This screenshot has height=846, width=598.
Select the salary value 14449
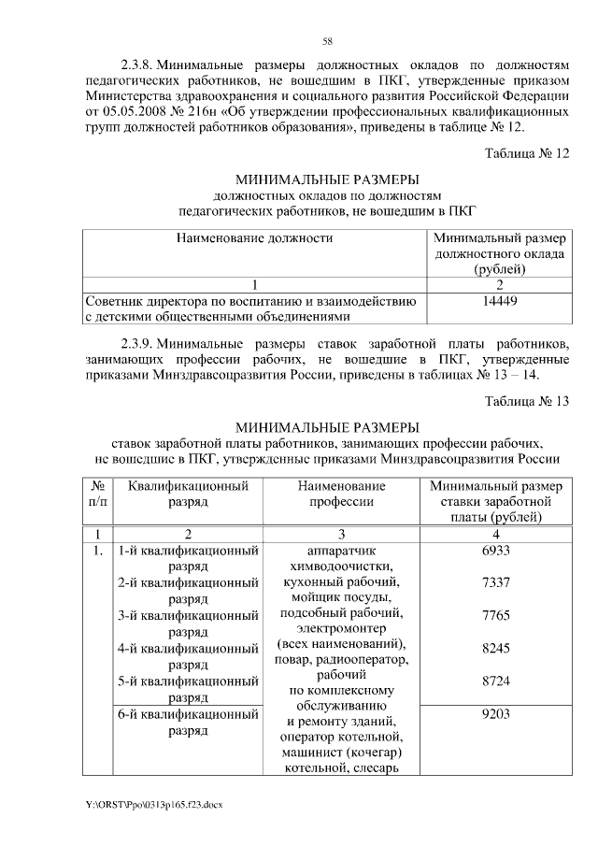500,301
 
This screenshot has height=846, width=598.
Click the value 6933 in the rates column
495,551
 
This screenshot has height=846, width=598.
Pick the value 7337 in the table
495,583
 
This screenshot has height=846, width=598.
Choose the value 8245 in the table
495,649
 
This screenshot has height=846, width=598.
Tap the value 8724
495,681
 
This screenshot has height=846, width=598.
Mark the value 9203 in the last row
495,715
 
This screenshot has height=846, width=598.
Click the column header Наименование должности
255,237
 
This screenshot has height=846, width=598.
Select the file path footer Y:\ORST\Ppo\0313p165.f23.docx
154,803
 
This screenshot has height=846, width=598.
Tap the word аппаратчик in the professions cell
341,551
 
